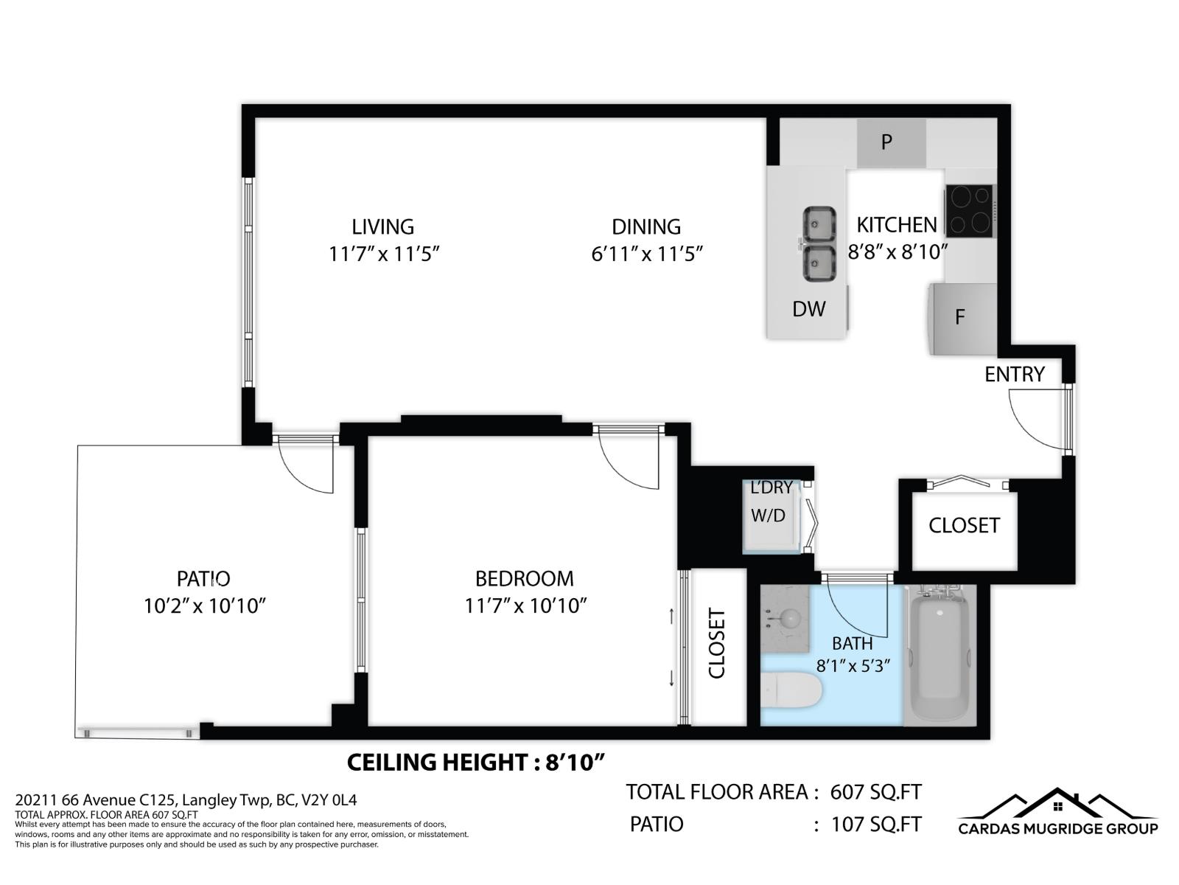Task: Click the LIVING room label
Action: click(382, 227)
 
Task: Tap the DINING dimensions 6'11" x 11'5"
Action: click(646, 254)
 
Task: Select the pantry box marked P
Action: click(890, 142)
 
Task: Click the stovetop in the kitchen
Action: click(969, 211)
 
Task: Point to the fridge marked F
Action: click(961, 318)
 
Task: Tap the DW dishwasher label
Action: click(808, 310)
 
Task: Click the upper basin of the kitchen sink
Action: click(818, 223)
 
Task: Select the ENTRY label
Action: click(1014, 375)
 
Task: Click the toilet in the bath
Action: click(792, 691)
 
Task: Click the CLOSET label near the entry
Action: click(964, 526)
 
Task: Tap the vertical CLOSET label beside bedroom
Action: click(717, 643)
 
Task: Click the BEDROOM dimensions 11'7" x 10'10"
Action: click(525, 606)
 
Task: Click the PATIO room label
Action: click(203, 579)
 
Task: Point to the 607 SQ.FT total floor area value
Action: click(875, 793)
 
